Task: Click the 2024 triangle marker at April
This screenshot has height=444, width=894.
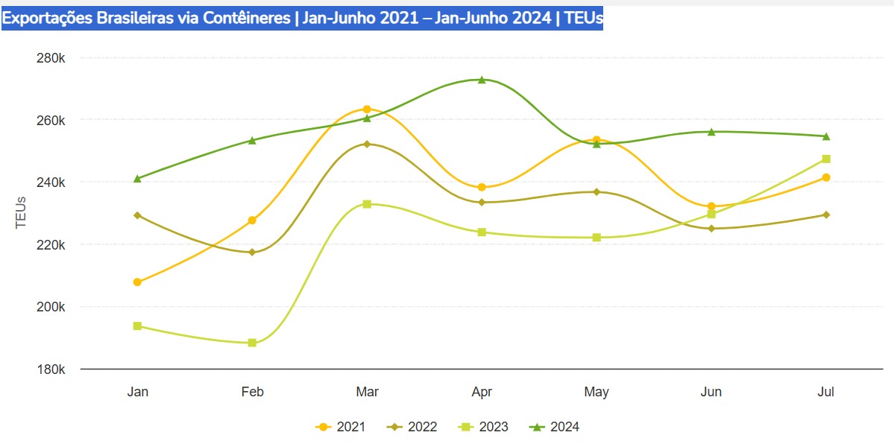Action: (x=482, y=80)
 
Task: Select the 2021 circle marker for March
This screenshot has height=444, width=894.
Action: (x=367, y=110)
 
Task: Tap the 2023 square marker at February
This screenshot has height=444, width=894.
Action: (x=252, y=343)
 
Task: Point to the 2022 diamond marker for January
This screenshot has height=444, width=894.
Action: (x=137, y=215)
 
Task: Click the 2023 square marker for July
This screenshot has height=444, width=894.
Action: (x=826, y=159)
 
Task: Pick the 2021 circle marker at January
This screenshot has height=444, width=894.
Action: (x=137, y=282)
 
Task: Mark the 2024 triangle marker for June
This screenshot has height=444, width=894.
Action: (x=711, y=132)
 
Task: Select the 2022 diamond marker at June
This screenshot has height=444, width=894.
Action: (x=711, y=229)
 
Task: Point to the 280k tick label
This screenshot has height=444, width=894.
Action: (x=51, y=58)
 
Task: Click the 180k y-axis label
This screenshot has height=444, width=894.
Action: (x=51, y=370)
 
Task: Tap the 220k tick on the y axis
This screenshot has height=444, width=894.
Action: (x=51, y=245)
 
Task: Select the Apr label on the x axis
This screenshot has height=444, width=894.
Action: (x=482, y=392)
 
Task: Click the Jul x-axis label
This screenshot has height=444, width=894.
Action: (x=826, y=392)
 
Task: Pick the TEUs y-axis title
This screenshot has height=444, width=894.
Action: (x=21, y=212)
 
